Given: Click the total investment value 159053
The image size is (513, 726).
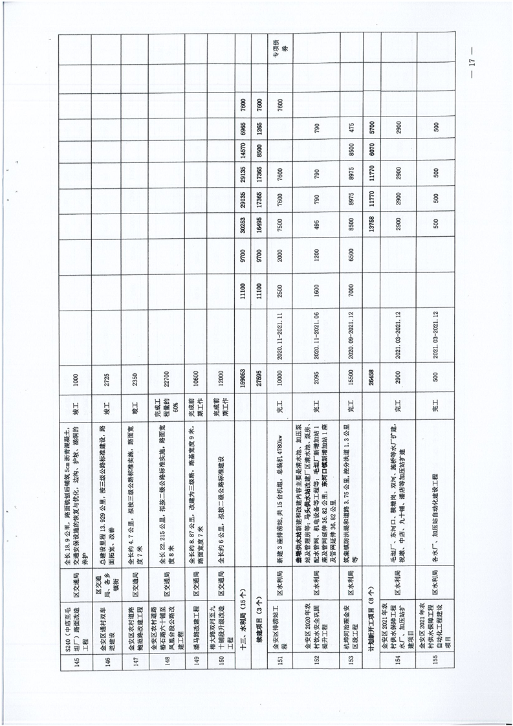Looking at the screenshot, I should (x=243, y=382).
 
